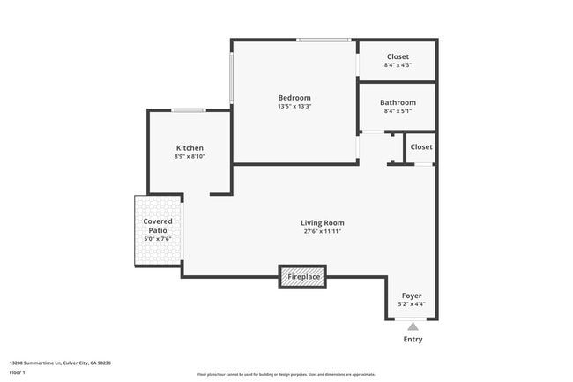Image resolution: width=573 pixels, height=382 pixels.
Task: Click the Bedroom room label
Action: (x=294, y=97)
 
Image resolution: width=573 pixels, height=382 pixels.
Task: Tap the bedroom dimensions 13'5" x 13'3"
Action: (x=294, y=106)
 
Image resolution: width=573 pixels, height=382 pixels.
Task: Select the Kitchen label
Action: (x=190, y=147)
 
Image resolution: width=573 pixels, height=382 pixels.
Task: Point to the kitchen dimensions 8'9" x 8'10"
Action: (x=190, y=156)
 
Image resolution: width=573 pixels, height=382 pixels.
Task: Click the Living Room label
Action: (x=322, y=222)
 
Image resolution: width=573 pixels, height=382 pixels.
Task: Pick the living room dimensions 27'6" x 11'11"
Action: (x=322, y=231)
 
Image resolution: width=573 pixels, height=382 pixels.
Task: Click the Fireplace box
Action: (x=302, y=277)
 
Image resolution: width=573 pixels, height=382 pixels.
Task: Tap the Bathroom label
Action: (x=398, y=102)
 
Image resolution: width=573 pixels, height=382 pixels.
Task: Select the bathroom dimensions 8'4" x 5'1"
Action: (x=398, y=111)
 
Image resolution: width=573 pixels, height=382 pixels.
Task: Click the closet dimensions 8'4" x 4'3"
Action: (x=398, y=65)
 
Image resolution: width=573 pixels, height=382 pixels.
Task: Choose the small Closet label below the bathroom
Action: (x=420, y=146)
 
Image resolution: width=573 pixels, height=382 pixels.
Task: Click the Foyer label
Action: (x=412, y=296)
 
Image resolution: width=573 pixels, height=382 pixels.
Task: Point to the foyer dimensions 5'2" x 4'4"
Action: (x=412, y=304)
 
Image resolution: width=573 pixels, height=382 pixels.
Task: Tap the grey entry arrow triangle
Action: (x=412, y=326)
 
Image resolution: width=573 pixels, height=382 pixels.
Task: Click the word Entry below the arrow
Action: (x=412, y=339)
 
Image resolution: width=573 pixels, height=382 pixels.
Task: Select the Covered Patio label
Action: (x=158, y=226)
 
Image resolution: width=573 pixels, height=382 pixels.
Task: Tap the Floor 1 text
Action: (x=17, y=374)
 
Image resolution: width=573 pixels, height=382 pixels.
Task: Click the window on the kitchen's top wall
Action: (x=189, y=110)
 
